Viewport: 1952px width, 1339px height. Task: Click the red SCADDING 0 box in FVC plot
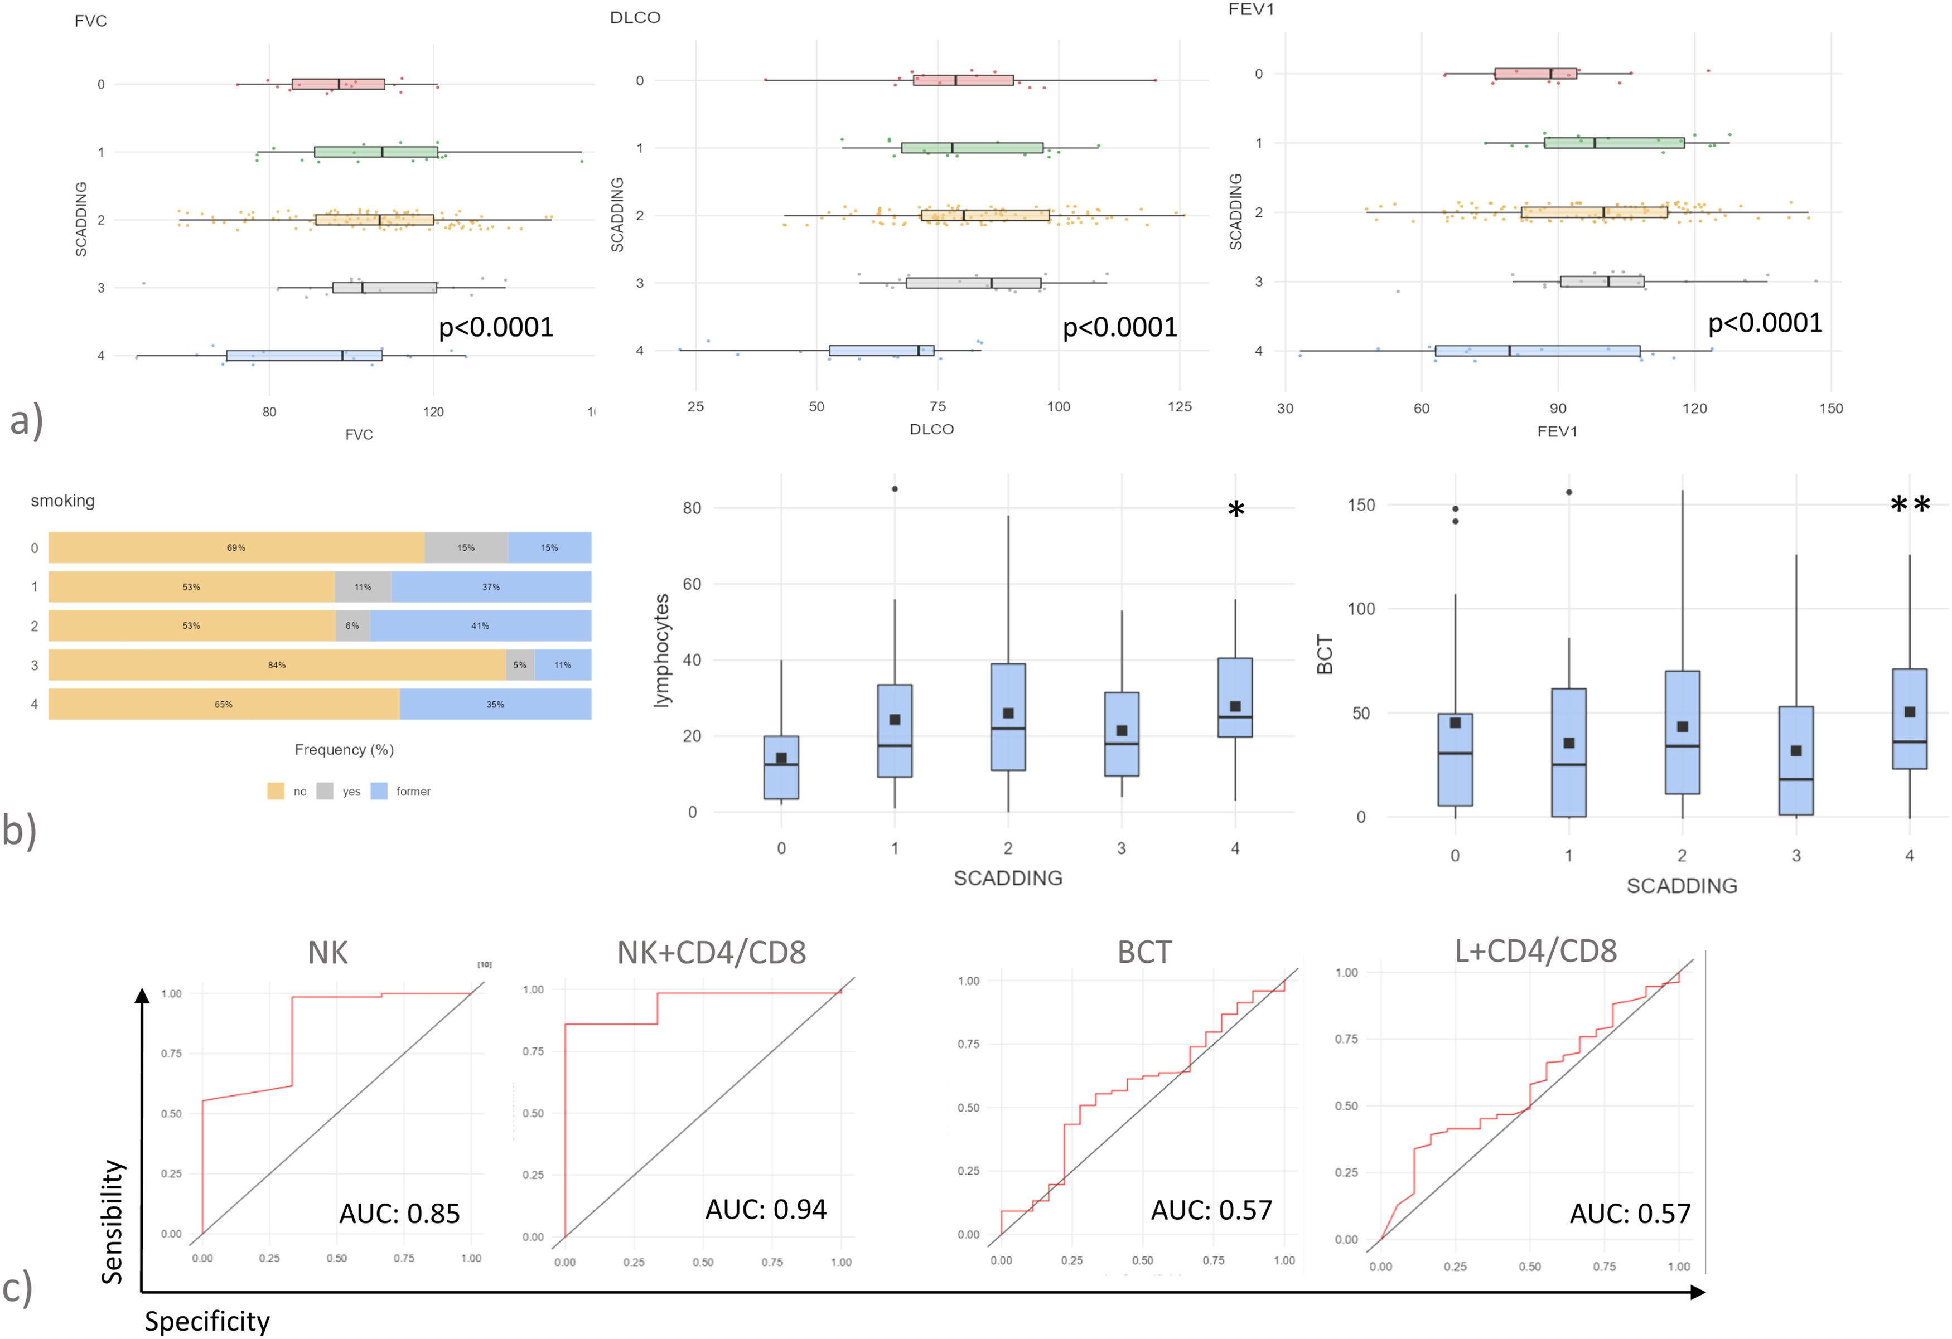[337, 84]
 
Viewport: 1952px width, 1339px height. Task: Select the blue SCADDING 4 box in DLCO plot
[881, 350]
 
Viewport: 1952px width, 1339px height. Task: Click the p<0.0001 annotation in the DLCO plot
[1120, 327]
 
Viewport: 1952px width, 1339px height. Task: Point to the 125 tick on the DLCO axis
[1179, 407]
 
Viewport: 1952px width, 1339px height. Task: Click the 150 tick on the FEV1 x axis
[1831, 409]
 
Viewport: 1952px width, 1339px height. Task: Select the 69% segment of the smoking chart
[236, 547]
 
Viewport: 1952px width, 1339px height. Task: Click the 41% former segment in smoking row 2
[480, 625]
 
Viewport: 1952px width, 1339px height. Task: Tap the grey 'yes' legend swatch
[325, 791]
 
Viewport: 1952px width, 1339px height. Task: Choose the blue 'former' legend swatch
[379, 791]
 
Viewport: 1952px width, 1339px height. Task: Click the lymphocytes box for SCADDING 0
[781, 767]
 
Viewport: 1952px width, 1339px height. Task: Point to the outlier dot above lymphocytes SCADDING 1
[895, 488]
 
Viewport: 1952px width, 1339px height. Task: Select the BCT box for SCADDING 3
[1796, 760]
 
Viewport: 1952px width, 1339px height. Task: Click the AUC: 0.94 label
[765, 1210]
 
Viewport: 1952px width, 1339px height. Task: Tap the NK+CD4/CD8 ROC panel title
[712, 953]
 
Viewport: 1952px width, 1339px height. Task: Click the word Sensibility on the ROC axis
[113, 1221]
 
